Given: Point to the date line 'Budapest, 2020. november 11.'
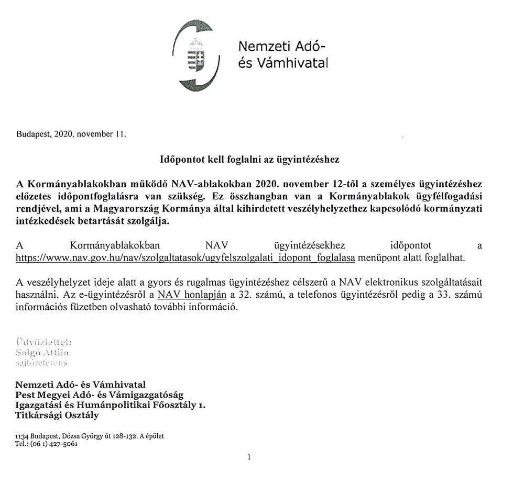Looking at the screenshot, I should click(x=71, y=134).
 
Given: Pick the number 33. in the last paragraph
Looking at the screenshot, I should click(x=438, y=295).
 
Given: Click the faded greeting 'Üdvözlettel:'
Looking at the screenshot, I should click(x=44, y=342).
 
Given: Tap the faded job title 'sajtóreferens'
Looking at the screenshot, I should click(x=42, y=362).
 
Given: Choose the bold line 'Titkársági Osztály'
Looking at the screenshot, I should click(x=57, y=416).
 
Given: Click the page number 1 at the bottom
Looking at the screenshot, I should click(x=249, y=457).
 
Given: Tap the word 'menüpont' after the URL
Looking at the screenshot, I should click(x=376, y=258).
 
